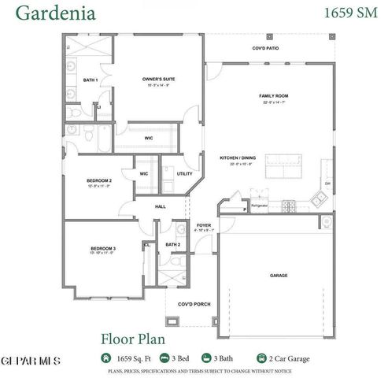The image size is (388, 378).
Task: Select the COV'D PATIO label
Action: coord(265,48)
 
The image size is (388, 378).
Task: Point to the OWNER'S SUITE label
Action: coord(157,80)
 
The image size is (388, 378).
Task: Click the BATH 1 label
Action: coord(91,80)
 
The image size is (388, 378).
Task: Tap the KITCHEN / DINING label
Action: coord(236,158)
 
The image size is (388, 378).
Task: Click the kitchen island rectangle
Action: coord(285,167)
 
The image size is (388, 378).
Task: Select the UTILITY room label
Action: coord(185,174)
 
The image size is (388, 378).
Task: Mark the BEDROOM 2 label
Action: coord(99,180)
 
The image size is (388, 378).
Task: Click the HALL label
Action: coord(161,206)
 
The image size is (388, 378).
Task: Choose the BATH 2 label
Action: coord(173,244)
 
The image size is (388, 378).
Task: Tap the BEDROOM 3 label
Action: coord(103,249)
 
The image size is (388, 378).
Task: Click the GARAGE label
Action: coord(279,276)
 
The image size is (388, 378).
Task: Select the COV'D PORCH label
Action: coord(193,305)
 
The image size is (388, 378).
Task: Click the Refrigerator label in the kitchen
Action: coord(260,205)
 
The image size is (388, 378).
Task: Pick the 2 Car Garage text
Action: coord(287,358)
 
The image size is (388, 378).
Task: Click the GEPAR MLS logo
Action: coord(30,360)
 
